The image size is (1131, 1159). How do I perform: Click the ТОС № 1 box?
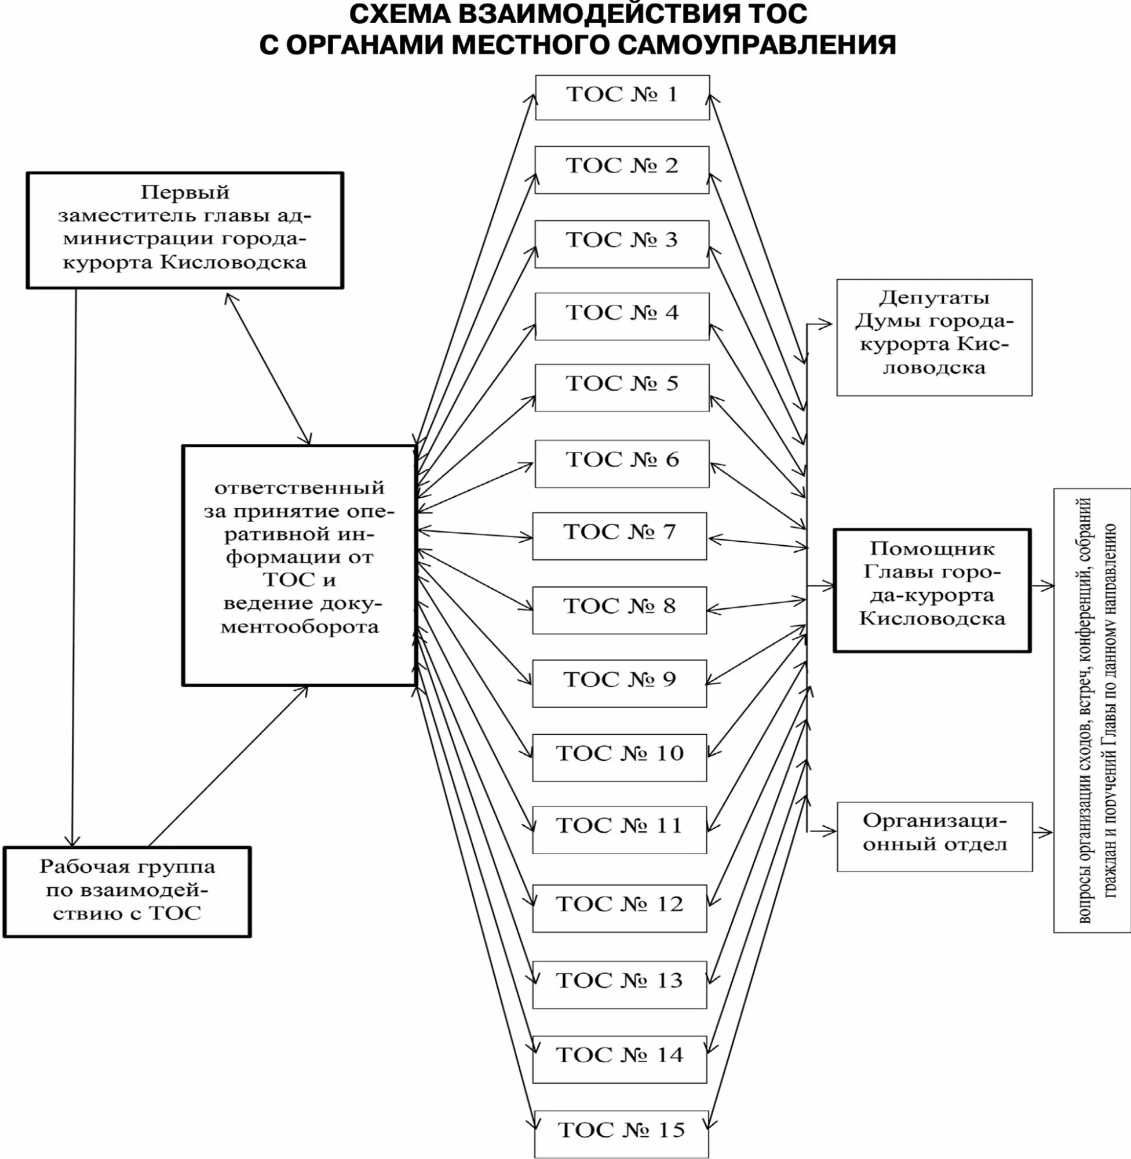[x=622, y=97]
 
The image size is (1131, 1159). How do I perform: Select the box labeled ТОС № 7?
[x=619, y=535]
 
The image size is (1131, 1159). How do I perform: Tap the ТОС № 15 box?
[x=621, y=1133]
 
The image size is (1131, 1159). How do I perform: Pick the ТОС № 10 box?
[x=619, y=757]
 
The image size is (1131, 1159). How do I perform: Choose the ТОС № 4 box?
[x=621, y=315]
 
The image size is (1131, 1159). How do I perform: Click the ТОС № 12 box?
[x=619, y=908]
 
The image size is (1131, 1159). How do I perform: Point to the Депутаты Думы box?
[x=934, y=337]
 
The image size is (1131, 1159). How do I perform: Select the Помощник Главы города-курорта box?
[x=932, y=590]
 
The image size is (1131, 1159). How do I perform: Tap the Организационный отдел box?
[x=935, y=836]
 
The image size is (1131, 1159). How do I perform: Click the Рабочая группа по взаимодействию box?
[x=127, y=892]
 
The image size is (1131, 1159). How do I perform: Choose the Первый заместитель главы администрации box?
[x=185, y=230]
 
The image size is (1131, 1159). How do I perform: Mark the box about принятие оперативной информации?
[x=299, y=565]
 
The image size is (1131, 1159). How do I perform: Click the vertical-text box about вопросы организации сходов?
[x=1091, y=710]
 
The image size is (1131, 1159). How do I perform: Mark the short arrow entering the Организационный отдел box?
[x=822, y=831]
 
